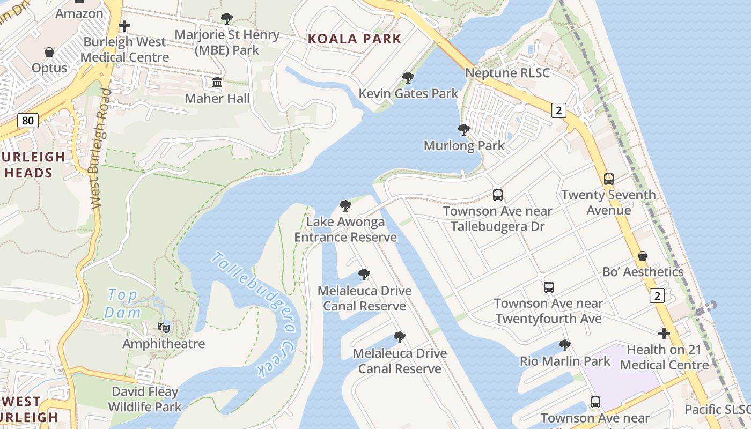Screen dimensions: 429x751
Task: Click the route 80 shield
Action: [x=28, y=121]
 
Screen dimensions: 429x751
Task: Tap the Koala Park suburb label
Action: [x=355, y=39]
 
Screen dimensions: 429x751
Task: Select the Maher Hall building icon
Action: [x=217, y=83]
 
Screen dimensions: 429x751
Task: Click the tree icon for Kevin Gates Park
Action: [x=408, y=78]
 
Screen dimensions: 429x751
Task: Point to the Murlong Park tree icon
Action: [x=463, y=130]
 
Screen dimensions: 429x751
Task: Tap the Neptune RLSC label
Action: [x=507, y=73]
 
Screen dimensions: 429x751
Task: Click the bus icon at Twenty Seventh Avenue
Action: [x=608, y=179]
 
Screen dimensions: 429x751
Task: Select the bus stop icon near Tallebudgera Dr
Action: [x=498, y=195]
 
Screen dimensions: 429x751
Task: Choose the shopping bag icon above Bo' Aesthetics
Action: [x=642, y=256]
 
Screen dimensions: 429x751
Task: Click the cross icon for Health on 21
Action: [x=664, y=334]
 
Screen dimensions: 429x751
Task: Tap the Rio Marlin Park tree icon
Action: [x=564, y=345]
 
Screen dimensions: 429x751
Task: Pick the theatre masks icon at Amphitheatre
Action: [x=164, y=327]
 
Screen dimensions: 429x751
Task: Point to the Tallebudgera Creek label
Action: [x=255, y=314]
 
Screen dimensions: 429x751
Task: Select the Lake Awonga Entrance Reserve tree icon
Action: [x=345, y=206]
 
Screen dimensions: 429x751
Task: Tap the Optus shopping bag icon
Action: [x=49, y=52]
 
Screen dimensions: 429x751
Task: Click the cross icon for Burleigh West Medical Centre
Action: [x=124, y=26]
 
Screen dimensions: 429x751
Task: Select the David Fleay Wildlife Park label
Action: [x=145, y=400]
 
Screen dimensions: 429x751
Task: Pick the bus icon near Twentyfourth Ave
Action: [x=548, y=287]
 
